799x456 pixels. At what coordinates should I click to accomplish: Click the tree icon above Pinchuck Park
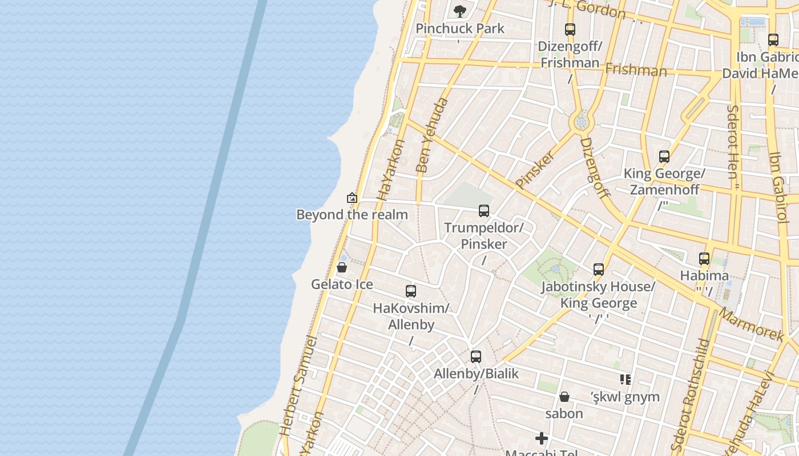point(459,11)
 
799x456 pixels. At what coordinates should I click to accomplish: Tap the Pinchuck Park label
point(460,28)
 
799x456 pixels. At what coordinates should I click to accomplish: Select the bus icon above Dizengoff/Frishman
point(570,30)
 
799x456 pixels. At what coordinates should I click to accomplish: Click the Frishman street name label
point(636,70)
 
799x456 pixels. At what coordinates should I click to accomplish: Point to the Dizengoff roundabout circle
point(582,122)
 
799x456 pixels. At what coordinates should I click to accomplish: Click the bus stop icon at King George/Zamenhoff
point(664,157)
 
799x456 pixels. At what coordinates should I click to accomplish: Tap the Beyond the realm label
point(352,215)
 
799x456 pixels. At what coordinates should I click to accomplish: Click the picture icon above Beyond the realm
point(352,198)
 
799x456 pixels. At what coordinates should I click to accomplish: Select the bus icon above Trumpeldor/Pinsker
point(483,211)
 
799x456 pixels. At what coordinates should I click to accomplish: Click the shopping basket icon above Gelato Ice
point(342,267)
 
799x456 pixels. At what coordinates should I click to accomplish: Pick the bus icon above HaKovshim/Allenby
point(410,291)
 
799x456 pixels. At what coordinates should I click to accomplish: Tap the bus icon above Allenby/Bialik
point(476,357)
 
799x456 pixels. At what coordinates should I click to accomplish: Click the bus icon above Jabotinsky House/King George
point(598,270)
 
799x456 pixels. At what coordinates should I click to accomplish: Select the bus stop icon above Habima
point(704,259)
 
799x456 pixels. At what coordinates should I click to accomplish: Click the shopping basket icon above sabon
point(564,397)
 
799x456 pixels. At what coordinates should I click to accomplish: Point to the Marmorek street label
point(751,324)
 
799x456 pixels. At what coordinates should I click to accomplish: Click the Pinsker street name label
point(535,169)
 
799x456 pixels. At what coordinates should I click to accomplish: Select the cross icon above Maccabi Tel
point(542,438)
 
